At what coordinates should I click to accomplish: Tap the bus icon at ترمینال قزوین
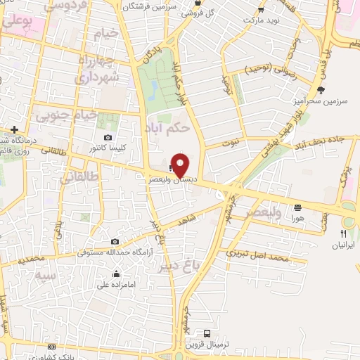(x=207, y=333)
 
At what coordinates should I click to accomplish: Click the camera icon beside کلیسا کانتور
(x=108, y=138)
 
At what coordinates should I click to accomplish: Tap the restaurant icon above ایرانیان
(x=344, y=233)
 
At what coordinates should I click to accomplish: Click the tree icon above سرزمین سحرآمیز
(x=321, y=90)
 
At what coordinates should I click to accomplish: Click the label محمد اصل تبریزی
(x=264, y=259)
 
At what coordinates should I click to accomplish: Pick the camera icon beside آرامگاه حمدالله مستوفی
(x=115, y=242)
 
